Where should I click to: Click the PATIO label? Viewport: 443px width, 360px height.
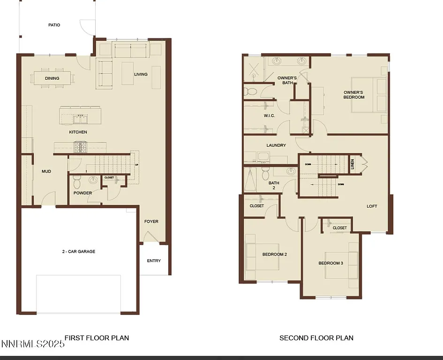point(54,25)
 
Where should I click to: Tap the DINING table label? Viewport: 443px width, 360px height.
point(52,78)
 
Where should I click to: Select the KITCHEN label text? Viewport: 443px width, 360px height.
point(78,132)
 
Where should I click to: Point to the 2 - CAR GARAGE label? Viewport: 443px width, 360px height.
point(79,252)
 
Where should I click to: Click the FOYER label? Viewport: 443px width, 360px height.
point(151,222)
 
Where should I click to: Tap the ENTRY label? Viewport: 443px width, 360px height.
point(154,261)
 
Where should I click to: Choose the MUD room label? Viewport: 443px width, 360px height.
point(46,172)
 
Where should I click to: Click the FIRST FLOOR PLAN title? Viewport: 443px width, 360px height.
point(97,337)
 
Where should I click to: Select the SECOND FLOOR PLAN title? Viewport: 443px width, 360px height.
point(316,337)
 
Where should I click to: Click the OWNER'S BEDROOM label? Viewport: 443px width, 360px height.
point(354,95)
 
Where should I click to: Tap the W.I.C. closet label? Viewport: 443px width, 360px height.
point(269,116)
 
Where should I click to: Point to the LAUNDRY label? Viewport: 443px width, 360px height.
point(276,145)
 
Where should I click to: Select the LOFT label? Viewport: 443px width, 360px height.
point(372,206)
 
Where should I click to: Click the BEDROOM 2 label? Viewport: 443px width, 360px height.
point(274,255)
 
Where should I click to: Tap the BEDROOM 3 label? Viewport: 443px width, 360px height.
point(331,263)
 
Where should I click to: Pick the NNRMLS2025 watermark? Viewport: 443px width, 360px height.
point(33,345)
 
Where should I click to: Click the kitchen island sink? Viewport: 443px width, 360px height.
point(80,116)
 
